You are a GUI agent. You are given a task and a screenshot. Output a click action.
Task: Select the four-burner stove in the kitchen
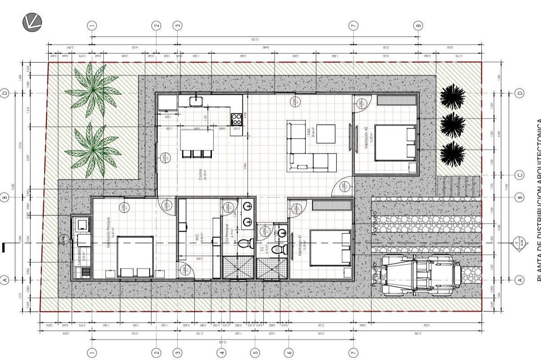click(236, 120)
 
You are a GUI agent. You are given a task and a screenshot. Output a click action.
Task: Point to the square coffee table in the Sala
click(325, 133)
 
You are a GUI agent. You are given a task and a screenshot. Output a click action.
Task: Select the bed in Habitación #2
click(395, 143)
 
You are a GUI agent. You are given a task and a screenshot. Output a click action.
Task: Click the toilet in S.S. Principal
click(244, 244)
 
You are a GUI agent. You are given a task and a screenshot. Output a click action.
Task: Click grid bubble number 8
click(419, 25)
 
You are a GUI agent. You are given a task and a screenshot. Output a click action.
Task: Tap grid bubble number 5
click(255, 352)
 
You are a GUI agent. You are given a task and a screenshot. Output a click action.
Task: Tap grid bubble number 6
click(289, 352)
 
